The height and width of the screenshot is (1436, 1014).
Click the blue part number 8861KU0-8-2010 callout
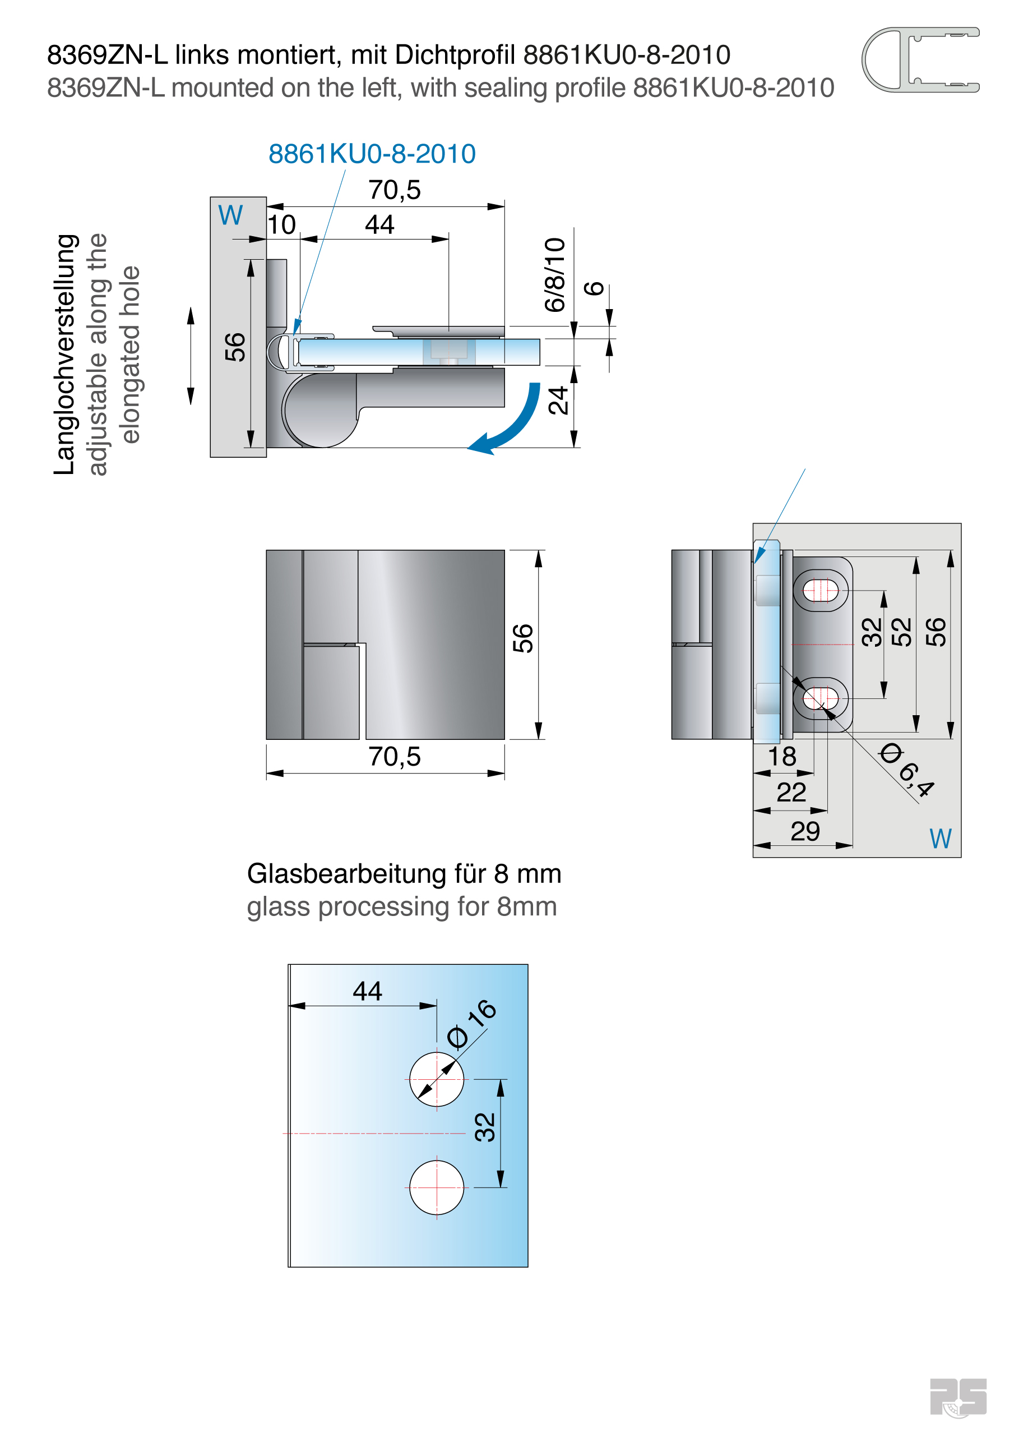click(x=372, y=154)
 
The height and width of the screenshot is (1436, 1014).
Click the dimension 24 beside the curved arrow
click(x=558, y=401)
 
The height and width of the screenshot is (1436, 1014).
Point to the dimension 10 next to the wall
click(x=281, y=224)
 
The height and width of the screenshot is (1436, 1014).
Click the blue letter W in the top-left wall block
click(x=230, y=215)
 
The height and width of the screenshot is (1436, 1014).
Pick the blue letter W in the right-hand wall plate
click(x=939, y=839)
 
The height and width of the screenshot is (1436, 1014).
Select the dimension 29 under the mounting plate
click(x=804, y=831)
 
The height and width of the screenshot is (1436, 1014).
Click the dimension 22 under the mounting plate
click(x=791, y=793)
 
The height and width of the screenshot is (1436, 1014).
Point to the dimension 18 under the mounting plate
click(x=781, y=756)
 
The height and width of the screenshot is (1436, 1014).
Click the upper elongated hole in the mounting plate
click(x=820, y=590)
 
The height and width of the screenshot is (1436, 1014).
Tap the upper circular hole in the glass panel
click(x=436, y=1079)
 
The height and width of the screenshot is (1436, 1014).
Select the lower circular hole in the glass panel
click(x=436, y=1187)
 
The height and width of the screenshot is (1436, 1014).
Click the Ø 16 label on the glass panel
click(x=472, y=1023)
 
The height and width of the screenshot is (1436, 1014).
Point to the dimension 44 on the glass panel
click(x=367, y=991)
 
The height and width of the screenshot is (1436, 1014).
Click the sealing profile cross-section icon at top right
click(x=920, y=60)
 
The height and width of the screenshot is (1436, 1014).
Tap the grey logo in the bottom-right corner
click(x=957, y=1397)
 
